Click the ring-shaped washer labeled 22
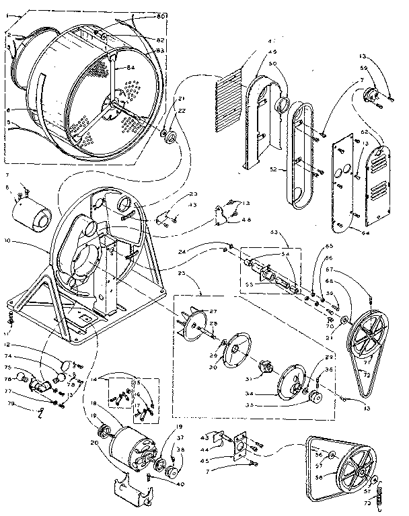(x=171, y=137)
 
